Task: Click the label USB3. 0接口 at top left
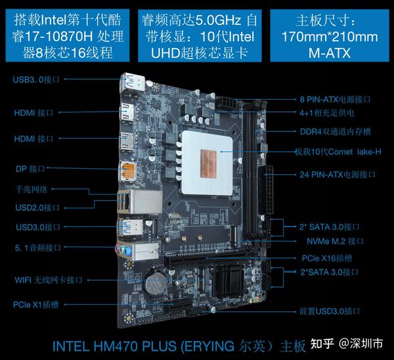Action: pos(37,79)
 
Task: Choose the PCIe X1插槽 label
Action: pos(40,305)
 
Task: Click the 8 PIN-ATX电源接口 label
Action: pos(335,99)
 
